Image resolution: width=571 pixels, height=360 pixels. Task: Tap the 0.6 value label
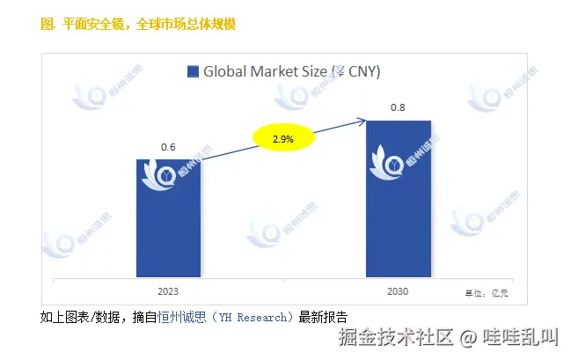pos(168,147)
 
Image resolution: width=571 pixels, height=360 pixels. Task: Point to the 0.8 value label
pos(399,108)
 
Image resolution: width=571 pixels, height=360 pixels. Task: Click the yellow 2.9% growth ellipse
pos(282,139)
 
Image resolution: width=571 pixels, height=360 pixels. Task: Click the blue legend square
pos(193,72)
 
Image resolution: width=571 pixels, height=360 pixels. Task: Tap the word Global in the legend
pos(225,72)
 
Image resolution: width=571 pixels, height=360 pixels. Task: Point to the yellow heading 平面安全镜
pos(95,25)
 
